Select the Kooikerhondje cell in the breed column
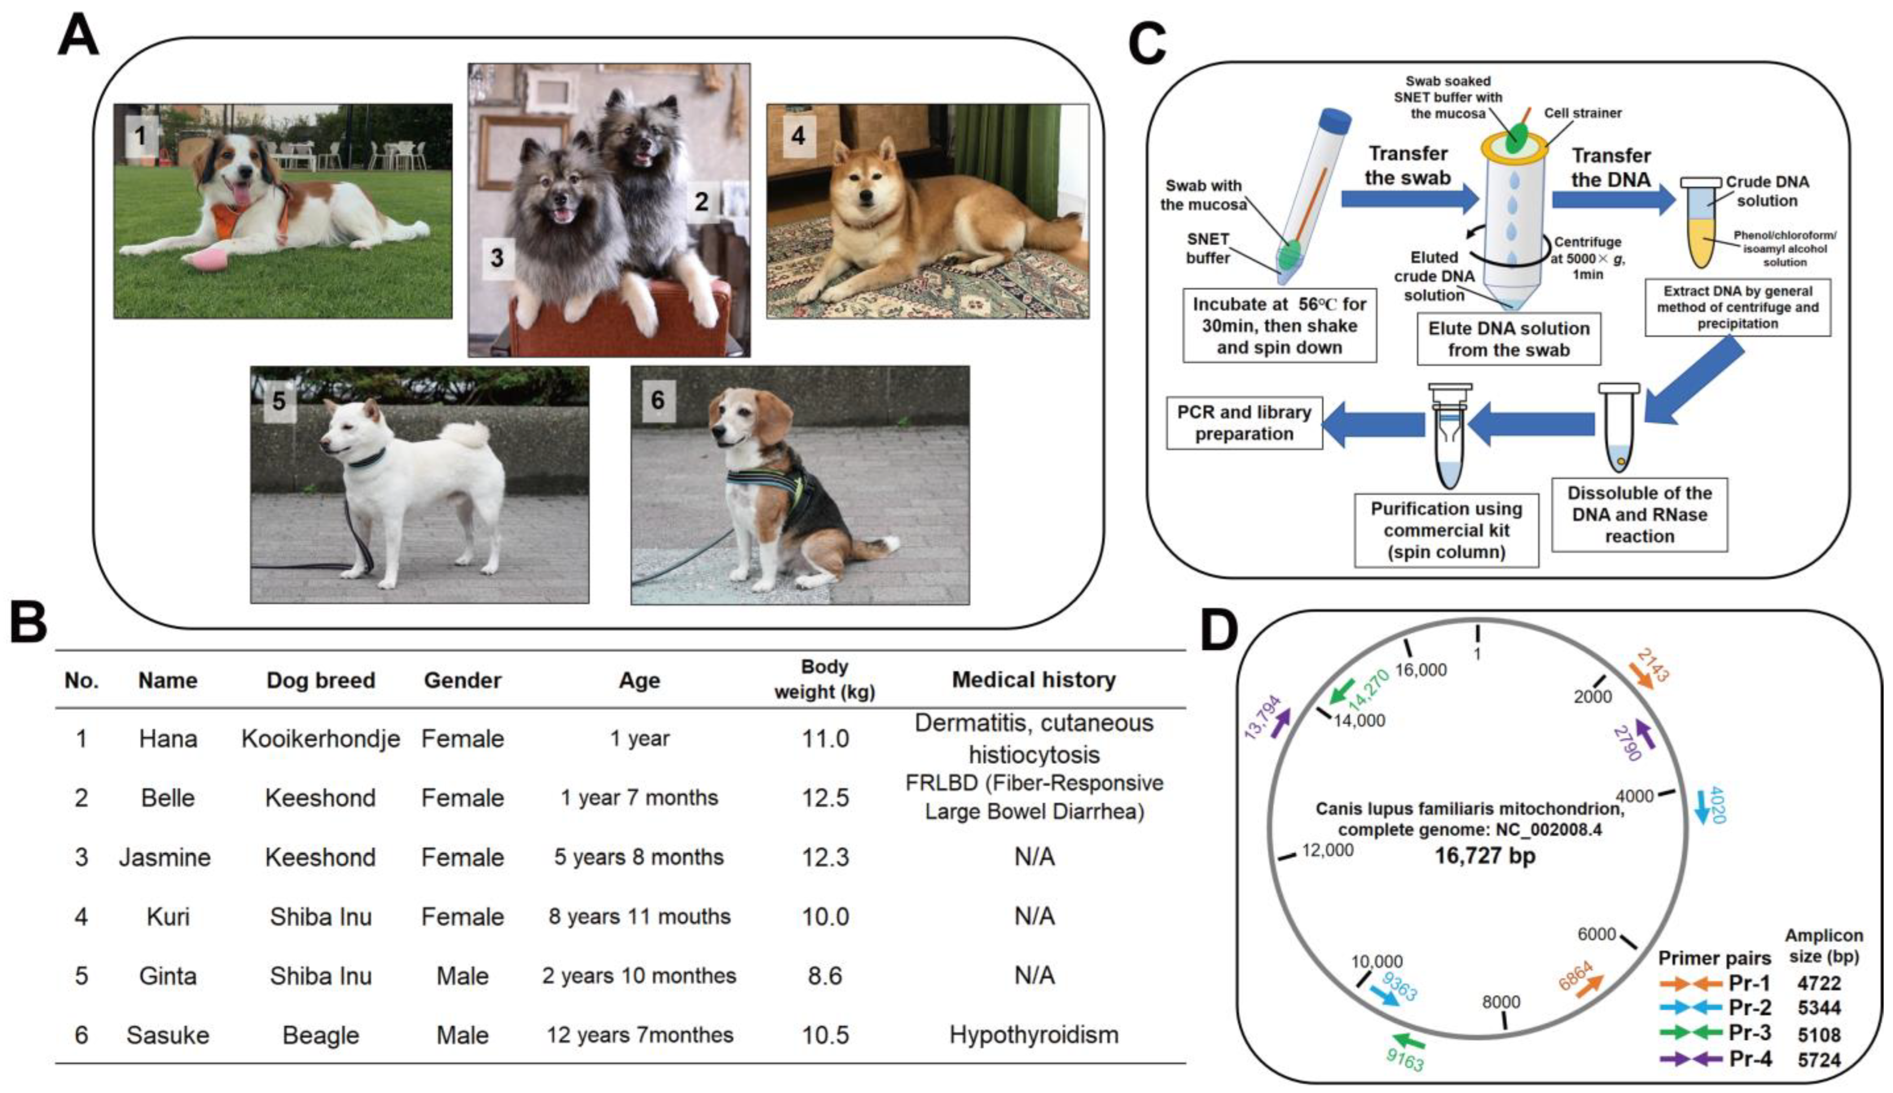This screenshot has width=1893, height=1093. [321, 739]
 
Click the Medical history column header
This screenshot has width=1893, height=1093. [1033, 680]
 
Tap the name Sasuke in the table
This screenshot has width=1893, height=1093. [167, 1034]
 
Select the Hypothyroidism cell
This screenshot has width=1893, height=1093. [1033, 1034]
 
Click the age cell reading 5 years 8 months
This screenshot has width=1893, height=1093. [639, 857]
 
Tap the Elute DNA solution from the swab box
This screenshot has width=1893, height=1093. [1509, 339]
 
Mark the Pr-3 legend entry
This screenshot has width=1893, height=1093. [1750, 1033]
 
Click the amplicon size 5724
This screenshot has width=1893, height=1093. [1819, 1059]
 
